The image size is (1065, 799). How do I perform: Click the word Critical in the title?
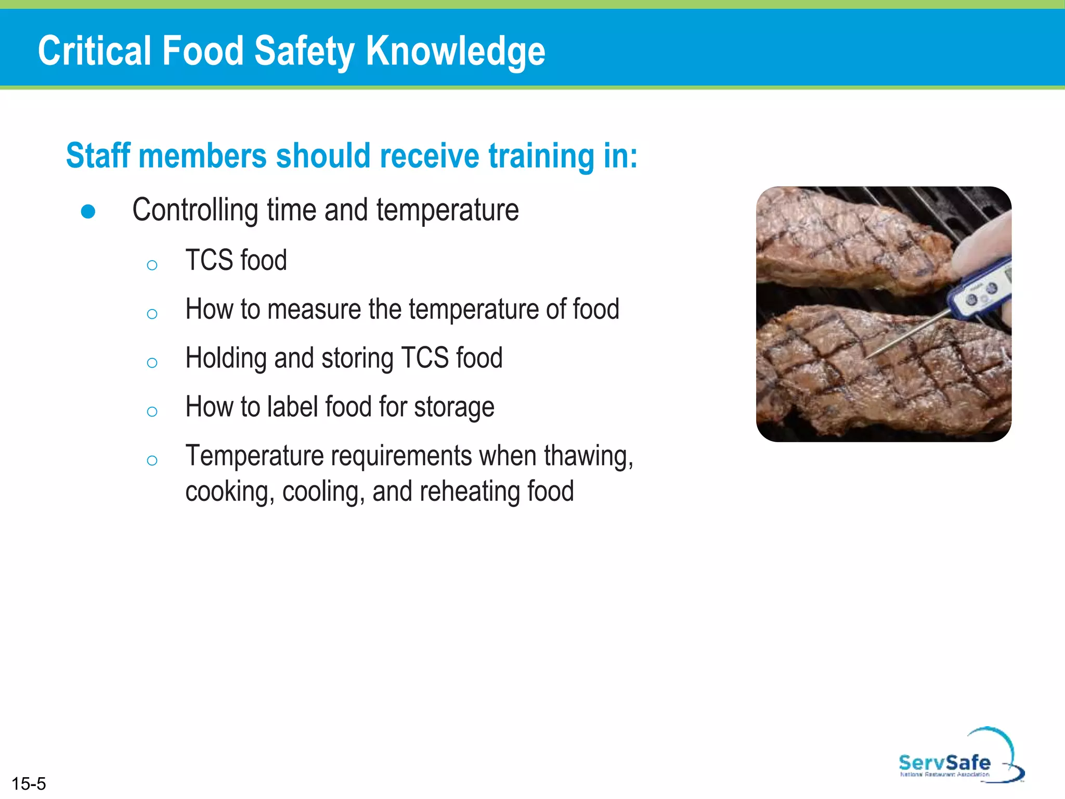(x=93, y=51)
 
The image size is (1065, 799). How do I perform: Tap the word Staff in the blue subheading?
(x=98, y=156)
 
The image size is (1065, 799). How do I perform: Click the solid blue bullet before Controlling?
(x=88, y=212)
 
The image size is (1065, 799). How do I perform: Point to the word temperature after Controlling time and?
(x=447, y=210)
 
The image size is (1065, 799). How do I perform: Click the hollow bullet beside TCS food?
(x=152, y=265)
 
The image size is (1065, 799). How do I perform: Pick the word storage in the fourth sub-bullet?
(x=454, y=407)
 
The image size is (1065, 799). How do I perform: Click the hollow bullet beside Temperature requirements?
(x=152, y=460)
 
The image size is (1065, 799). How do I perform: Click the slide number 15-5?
(x=29, y=783)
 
